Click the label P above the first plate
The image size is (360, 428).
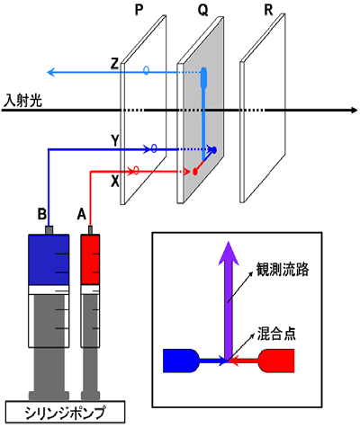139,11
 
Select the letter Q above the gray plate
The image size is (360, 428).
202,11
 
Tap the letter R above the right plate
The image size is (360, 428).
268,11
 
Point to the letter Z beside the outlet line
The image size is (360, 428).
114,64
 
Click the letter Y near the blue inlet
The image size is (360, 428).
115,140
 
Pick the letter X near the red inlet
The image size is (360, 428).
115,182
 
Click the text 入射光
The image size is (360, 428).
22,101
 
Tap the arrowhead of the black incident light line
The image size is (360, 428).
354,110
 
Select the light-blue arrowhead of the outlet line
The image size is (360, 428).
51,72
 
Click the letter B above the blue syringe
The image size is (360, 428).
42,215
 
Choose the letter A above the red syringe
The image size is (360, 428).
82,215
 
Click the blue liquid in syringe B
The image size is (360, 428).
49,260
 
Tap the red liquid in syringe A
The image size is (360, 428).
90,260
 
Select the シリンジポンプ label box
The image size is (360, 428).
65,413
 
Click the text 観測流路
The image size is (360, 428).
283,269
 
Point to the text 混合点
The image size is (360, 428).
276,334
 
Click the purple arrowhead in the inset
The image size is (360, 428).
229,254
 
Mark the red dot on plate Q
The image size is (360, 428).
195,172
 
